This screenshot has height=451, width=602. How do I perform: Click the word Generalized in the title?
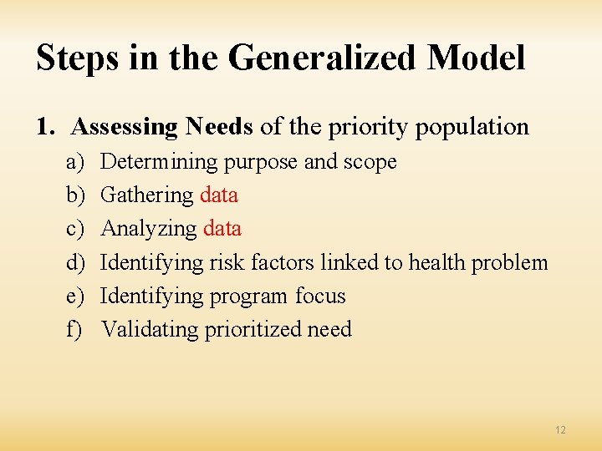tap(322, 59)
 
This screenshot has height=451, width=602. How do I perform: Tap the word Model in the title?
tap(476, 58)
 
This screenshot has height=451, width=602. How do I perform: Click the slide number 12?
tap(560, 430)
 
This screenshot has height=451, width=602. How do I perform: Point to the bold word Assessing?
tap(125, 128)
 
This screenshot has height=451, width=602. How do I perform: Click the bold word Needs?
tap(219, 127)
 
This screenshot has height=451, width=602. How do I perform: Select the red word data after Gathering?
tap(219, 195)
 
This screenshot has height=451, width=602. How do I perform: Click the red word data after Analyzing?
tap(222, 229)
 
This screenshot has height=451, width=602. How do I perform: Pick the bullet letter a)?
tap(74, 162)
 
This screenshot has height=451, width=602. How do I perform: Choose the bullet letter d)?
tap(75, 263)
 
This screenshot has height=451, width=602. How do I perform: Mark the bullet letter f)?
tap(74, 330)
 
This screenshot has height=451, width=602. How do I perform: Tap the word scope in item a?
tap(370, 162)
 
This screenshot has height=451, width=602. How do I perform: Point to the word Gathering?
tap(147, 195)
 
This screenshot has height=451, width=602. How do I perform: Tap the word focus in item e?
tap(320, 296)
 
